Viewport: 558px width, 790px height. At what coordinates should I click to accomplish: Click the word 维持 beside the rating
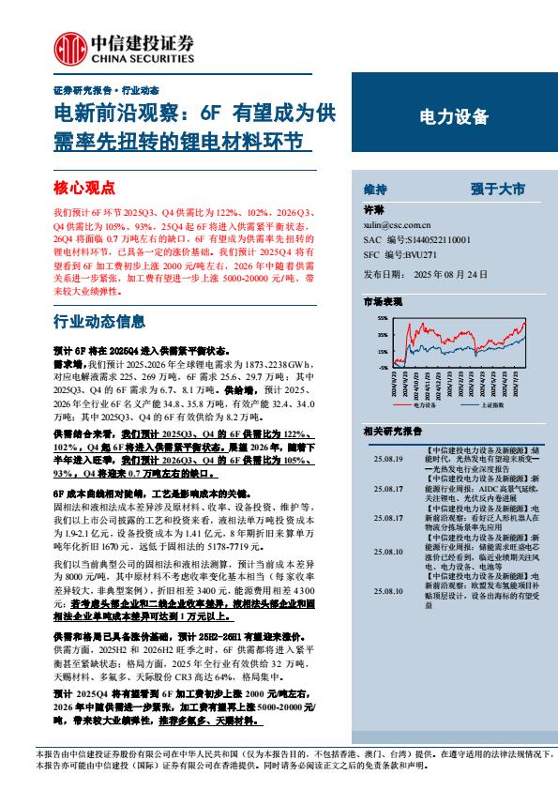(x=375, y=189)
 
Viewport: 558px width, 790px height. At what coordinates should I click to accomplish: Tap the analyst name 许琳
(x=374, y=212)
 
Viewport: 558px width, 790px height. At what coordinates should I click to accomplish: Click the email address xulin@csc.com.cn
(x=396, y=226)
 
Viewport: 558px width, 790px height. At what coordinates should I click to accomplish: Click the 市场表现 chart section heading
(x=382, y=303)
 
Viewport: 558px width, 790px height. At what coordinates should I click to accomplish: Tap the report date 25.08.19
(x=386, y=460)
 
